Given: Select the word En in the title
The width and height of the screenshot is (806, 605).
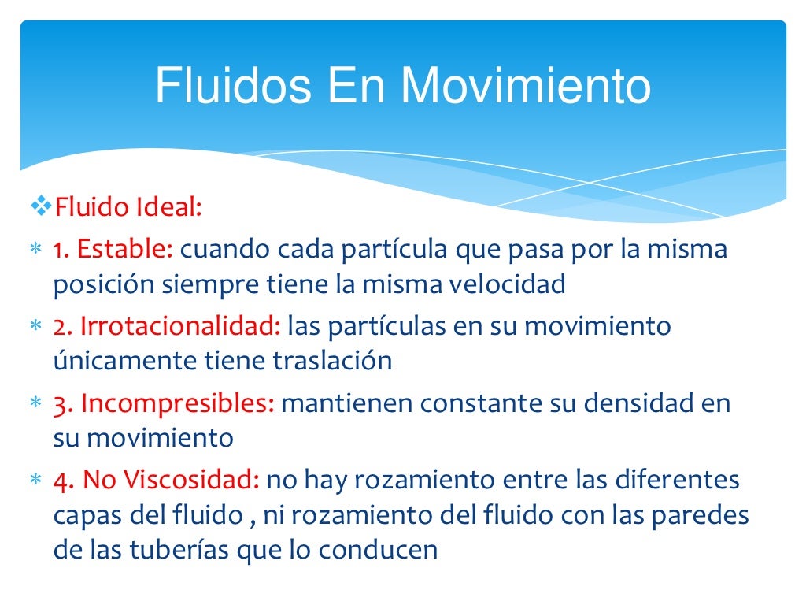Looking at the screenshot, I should point(357,86).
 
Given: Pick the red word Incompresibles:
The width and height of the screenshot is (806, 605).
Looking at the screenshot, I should point(177,403).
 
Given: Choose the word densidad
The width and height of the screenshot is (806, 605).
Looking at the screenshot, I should point(623,403).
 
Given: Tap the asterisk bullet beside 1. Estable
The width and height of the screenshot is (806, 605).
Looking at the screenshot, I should point(35,251).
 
